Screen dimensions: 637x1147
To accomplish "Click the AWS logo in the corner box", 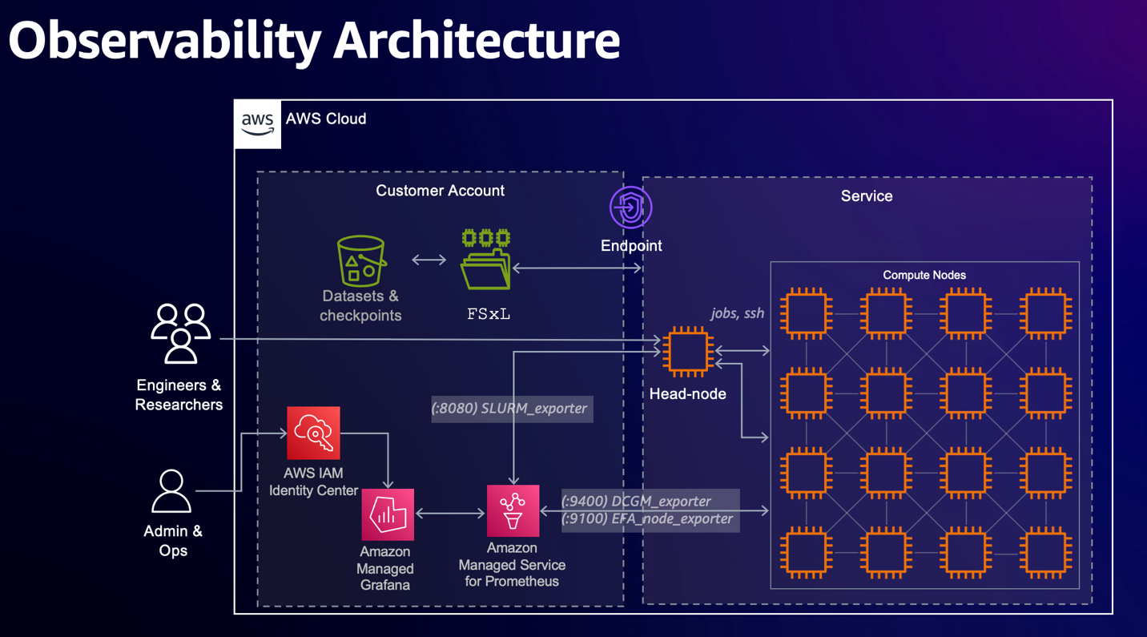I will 257,123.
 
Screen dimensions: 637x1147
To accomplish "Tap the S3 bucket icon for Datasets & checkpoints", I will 361,261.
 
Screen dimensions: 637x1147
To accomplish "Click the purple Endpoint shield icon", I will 631,208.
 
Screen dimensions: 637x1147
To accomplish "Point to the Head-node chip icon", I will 687,351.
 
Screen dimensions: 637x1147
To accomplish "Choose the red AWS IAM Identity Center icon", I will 313,433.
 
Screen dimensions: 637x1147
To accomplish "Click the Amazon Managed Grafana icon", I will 388,514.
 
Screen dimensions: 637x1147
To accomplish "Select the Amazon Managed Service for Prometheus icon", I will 513,511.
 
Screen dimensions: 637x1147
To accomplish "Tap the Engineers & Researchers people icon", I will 180,333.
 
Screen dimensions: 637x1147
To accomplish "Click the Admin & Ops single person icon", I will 171,491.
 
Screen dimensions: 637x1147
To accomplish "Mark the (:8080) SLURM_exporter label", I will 511,409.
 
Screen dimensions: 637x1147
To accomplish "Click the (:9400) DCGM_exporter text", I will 637,502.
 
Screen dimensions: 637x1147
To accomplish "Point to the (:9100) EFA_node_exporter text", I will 647,519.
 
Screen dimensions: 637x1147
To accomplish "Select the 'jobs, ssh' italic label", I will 737,313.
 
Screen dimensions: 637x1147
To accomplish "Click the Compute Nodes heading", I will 924,275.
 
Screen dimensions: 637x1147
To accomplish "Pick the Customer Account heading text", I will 440,191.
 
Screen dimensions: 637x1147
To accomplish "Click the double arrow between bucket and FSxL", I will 429,260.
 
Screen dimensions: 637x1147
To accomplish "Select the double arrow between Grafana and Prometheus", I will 451,513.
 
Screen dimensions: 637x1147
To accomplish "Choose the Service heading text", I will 866,196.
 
